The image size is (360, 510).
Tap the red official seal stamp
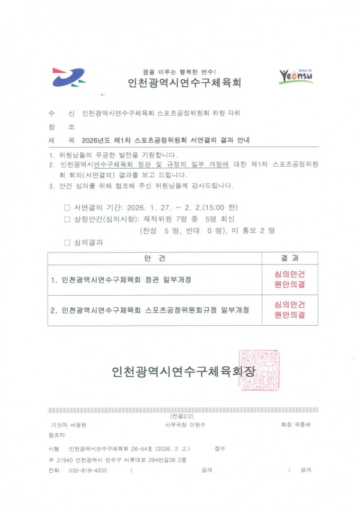tap(259, 370)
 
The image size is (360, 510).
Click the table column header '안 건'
tap(155, 259)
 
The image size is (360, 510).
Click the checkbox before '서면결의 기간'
tap(67, 208)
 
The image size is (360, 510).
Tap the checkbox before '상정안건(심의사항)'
tap(67, 219)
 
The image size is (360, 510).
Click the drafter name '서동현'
tap(79, 425)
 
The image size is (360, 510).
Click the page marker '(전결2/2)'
tap(179, 416)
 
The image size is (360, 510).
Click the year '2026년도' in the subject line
tap(96, 140)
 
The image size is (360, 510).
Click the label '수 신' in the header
tap(62, 113)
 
